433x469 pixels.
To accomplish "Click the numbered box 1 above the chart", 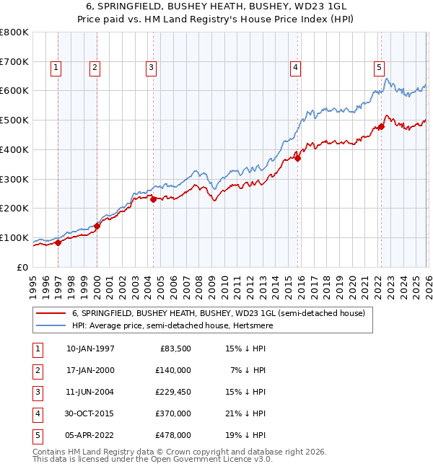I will [56, 68].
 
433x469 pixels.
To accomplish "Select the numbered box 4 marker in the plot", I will [296, 68].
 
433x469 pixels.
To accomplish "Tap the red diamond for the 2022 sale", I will [381, 127].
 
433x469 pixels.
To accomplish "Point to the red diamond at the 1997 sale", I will [58, 242].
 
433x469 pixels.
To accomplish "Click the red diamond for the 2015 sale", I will [298, 159].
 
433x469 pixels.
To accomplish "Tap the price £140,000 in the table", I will [173, 370].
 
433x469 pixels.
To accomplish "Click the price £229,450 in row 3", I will [173, 392].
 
